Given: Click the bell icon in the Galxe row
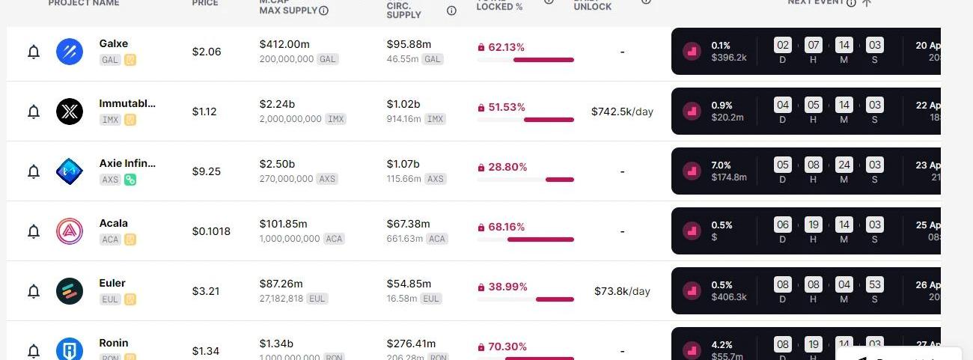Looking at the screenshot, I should pos(34,52).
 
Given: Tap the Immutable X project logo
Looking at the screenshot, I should pos(70,112).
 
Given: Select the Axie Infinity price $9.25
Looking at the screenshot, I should pos(206,171).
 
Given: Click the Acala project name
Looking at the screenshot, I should pos(114,223).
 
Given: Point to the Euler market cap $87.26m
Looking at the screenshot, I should pos(281,284).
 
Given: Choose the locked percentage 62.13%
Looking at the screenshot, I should pos(506,47).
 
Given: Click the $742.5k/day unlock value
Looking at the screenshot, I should pos(622,112).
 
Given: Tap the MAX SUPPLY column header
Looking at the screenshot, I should pos(288,10).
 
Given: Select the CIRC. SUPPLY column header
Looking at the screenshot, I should pos(404,10).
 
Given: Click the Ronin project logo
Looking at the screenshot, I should pos(70,350).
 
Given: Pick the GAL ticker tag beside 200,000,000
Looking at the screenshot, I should pos(327,59).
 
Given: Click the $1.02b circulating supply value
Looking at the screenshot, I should pos(403,104).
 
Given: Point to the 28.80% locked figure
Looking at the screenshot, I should pos(507,167).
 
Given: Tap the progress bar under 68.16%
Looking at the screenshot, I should pos(540,240).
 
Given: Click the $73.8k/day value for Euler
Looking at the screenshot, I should pos(622,291).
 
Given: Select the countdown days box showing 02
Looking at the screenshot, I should pos(783,45).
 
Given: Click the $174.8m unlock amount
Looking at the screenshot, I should pos(729,177).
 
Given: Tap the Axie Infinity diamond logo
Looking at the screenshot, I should pos(70,171).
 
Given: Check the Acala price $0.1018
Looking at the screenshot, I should pos(211,231).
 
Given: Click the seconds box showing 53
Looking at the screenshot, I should pos(874,284).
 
